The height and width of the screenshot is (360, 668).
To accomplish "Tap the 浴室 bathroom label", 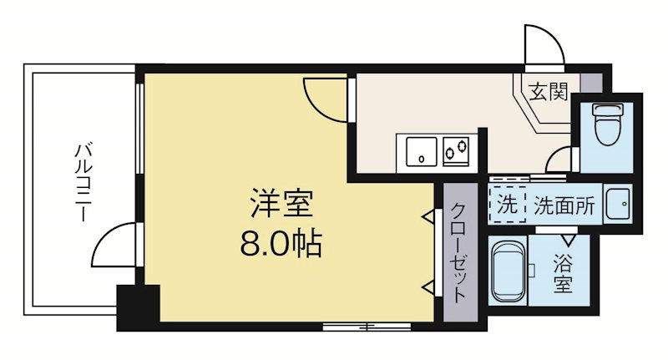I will click(x=563, y=275).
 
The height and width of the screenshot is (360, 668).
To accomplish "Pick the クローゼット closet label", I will click(x=458, y=251).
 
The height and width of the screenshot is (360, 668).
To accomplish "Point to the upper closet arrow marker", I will click(x=428, y=217).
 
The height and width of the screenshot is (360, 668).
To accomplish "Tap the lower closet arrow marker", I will click(x=428, y=288).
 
